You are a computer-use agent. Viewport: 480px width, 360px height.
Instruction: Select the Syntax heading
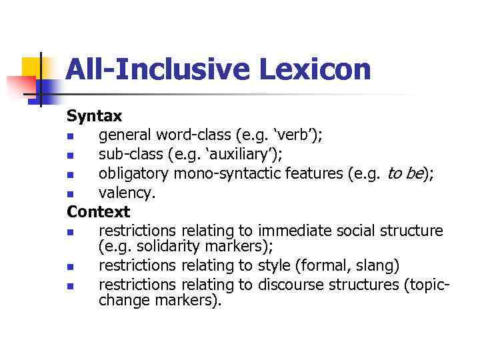(x=94, y=116)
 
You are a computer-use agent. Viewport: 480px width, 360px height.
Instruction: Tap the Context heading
(x=98, y=212)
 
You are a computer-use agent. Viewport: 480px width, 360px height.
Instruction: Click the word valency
(x=127, y=193)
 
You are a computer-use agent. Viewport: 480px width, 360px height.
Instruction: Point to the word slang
(x=379, y=266)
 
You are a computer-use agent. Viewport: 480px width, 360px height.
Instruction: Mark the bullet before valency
(x=70, y=195)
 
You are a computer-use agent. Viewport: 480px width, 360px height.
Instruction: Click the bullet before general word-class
(x=70, y=137)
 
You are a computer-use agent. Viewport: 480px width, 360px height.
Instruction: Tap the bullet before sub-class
(x=70, y=156)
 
